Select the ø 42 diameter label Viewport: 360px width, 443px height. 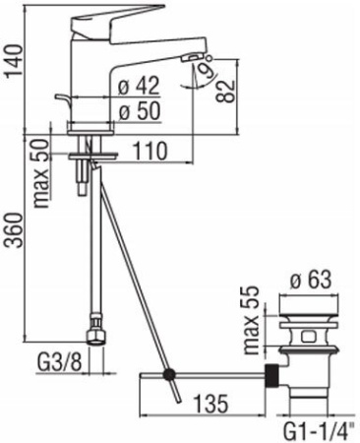coord(137,86)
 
